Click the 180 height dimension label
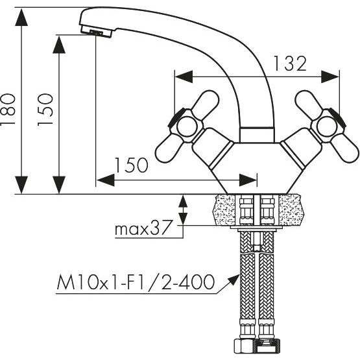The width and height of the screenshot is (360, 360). tap(8, 109)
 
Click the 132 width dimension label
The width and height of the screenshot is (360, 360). tap(290, 64)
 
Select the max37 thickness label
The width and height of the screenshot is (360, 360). tap(143, 227)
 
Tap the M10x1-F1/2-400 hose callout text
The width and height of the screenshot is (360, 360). tap(136, 282)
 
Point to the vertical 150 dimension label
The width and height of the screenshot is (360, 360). tap(45, 110)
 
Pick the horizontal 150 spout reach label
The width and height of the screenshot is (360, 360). tap(131, 165)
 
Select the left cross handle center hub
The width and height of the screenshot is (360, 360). tap(187, 126)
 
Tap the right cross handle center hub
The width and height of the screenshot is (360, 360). tap(326, 126)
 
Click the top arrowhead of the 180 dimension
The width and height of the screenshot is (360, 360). tap(21, 18)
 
